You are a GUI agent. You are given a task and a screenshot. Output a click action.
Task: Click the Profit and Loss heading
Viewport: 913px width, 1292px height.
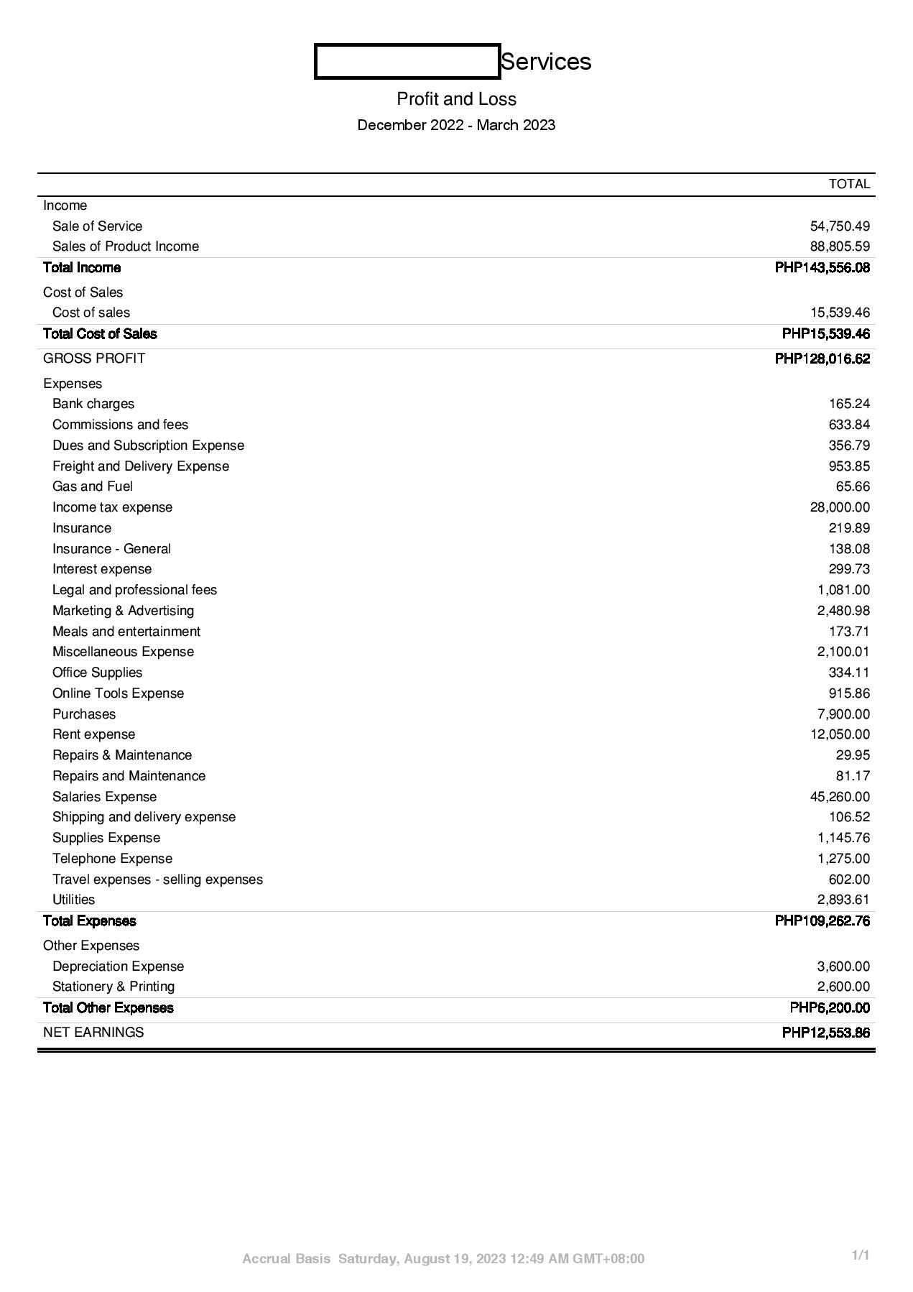456,98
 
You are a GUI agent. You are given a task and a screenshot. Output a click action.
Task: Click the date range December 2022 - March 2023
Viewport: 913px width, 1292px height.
456,125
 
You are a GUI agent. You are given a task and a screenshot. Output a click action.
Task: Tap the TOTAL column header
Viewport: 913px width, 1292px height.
849,184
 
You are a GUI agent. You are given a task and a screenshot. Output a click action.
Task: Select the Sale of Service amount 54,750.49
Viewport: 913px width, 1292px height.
840,226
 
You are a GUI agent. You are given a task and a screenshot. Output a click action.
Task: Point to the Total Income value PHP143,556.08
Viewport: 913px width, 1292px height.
822,268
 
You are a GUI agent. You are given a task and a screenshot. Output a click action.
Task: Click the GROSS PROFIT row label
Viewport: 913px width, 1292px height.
94,359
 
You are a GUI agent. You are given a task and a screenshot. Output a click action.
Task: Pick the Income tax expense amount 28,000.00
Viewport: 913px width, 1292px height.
840,507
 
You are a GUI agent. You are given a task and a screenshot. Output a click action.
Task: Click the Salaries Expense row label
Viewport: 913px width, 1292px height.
104,797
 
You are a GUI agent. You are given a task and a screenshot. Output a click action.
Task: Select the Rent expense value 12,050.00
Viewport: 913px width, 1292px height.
840,734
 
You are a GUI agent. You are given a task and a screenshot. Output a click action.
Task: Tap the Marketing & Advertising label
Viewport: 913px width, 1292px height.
123,611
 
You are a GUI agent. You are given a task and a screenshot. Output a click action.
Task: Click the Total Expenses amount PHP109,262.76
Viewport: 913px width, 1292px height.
822,921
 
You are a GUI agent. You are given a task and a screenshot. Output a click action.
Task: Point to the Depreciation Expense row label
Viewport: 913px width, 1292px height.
118,966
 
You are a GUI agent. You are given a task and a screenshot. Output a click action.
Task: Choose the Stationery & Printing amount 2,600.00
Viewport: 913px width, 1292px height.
843,987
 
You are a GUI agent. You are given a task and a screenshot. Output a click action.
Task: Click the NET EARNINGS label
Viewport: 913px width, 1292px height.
93,1033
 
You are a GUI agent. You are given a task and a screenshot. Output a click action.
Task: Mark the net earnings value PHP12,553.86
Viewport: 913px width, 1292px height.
825,1033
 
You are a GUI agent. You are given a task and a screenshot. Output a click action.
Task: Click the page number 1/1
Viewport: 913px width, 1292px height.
861,1255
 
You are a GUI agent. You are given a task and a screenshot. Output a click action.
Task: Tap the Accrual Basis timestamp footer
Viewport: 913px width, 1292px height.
443,1259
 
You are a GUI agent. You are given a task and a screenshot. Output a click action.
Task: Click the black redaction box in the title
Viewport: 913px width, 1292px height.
407,61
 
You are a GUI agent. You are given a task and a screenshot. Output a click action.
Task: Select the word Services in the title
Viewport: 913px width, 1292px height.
546,62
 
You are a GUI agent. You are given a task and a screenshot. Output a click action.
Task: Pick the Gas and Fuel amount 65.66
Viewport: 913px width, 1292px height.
853,486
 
